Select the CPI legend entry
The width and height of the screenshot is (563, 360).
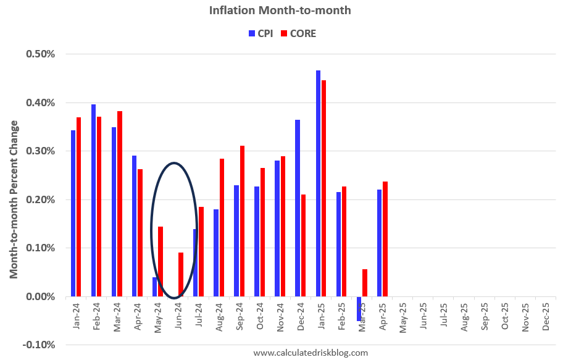click(x=259, y=33)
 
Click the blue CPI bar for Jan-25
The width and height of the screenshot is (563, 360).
click(x=318, y=183)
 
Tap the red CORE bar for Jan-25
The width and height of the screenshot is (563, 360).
click(x=323, y=188)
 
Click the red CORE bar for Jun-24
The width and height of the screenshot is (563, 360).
click(x=181, y=275)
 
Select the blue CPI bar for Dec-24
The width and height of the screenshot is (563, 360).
click(x=298, y=208)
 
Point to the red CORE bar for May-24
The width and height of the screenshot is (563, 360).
click(x=161, y=261)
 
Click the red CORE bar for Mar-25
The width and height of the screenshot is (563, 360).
click(x=364, y=283)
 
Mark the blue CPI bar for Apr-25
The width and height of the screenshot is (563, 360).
click(x=379, y=243)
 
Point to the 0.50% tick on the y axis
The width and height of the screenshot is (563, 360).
click(x=41, y=54)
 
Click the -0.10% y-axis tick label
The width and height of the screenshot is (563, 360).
click(x=40, y=345)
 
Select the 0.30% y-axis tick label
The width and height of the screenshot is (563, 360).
click(x=41, y=151)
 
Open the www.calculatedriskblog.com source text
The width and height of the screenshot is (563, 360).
click(x=311, y=353)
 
